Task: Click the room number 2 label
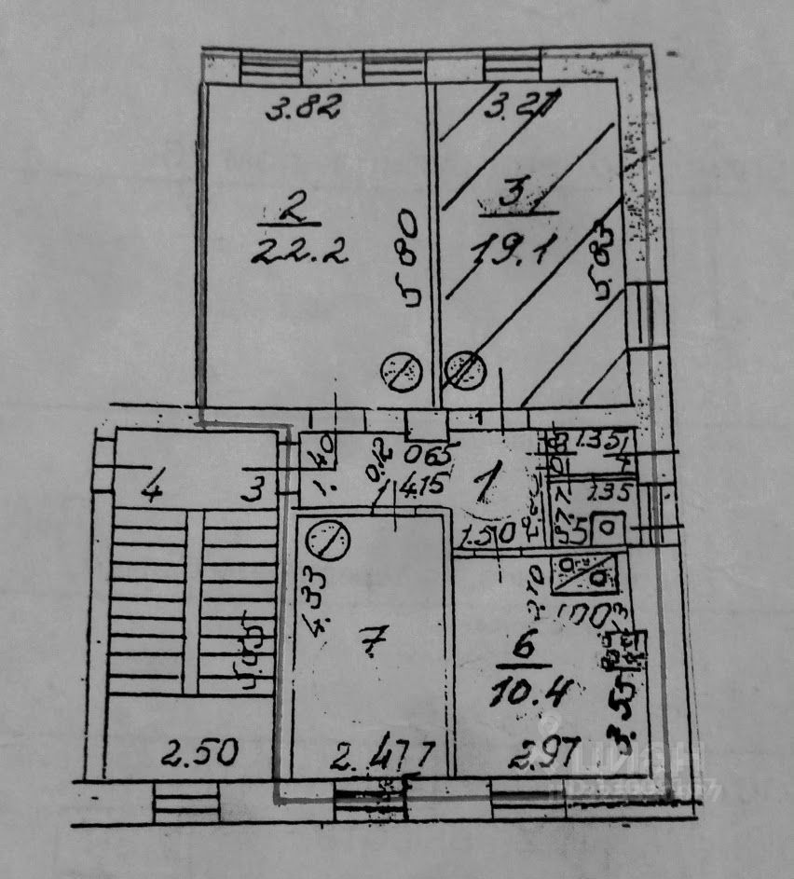pos(292,209)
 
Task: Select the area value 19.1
pos(513,250)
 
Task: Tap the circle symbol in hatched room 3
pos(465,370)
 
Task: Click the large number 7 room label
pos(372,642)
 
